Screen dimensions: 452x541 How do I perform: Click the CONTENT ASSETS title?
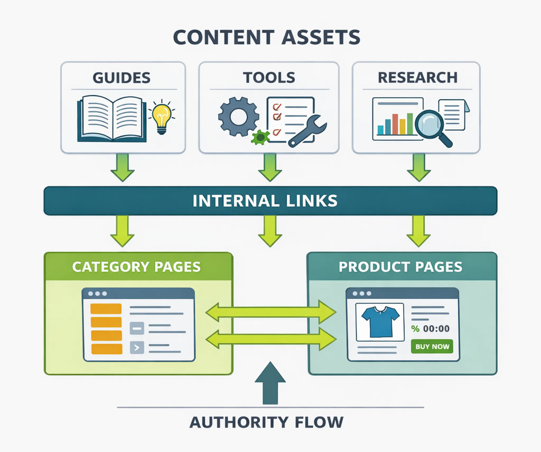coord(267,37)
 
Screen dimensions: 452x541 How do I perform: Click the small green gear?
coord(260,137)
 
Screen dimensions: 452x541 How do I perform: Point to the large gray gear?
coord(239,117)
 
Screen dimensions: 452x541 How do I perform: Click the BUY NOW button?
coord(432,346)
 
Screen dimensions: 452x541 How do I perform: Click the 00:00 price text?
coord(436,329)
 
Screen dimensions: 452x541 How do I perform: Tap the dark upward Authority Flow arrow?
coord(270,383)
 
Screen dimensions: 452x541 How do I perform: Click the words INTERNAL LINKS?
coord(265,201)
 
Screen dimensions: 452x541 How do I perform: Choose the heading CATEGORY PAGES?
coord(136,267)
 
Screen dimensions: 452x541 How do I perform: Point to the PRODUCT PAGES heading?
coord(400,267)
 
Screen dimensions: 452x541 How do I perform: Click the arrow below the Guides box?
coord(123,168)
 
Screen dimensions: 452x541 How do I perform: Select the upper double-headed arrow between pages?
coord(271,312)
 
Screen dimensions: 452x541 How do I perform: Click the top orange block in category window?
coord(106,309)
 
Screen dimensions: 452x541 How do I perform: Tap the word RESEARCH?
coord(417,78)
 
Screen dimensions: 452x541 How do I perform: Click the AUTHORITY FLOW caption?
coord(266,422)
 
